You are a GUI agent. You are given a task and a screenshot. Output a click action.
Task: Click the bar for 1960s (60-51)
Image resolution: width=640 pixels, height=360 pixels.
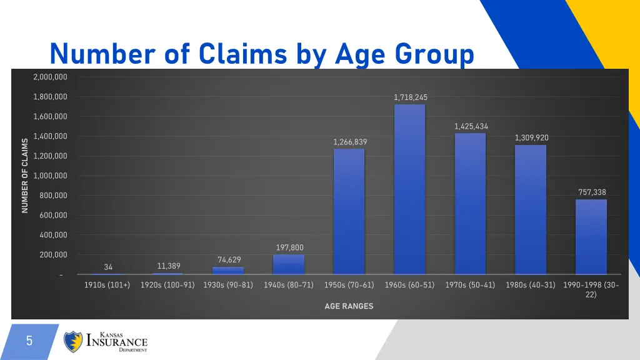coord(409,189)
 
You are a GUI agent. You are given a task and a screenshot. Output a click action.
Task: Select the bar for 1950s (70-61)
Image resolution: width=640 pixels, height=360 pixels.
coord(349,211)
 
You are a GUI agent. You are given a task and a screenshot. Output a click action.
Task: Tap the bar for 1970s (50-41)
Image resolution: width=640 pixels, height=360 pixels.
coord(470,203)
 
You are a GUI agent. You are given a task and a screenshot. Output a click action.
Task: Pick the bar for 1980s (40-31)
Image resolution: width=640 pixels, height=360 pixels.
coord(531,209)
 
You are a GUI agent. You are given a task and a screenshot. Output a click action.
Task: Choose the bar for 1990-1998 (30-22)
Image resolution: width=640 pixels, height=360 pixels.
coord(591,236)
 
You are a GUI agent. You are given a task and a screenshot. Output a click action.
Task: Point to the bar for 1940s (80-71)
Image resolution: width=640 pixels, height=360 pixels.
coord(289,264)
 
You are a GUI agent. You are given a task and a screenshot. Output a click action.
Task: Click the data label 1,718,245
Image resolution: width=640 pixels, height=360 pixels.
coord(411,97)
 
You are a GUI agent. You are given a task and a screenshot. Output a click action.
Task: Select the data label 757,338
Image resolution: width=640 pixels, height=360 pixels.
coord(592,192)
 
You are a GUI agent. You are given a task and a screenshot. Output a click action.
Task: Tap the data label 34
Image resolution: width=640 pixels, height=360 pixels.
coord(108,267)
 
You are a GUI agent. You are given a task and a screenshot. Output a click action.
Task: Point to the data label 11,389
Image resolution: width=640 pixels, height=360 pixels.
coord(169,266)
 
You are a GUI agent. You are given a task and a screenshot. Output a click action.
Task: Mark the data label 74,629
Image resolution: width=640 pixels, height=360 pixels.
coord(229,259)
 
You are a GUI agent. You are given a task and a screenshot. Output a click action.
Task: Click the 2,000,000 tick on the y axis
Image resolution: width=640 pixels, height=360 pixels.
coord(51,77)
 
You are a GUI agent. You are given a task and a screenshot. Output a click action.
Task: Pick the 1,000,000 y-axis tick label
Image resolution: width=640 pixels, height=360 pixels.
coord(51,176)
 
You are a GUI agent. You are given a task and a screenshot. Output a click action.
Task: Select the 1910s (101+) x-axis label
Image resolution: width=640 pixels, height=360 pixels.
coord(107,285)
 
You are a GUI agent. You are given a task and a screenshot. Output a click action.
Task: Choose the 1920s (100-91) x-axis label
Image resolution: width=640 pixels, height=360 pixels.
coord(167,285)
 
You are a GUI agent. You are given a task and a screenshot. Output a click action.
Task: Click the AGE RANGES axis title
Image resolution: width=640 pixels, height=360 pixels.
coord(349,306)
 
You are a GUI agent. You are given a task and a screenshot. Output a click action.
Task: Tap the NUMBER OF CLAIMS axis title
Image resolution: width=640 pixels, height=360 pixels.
coord(25,176)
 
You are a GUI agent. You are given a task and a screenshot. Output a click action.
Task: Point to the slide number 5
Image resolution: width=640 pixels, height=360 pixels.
coord(29,341)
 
